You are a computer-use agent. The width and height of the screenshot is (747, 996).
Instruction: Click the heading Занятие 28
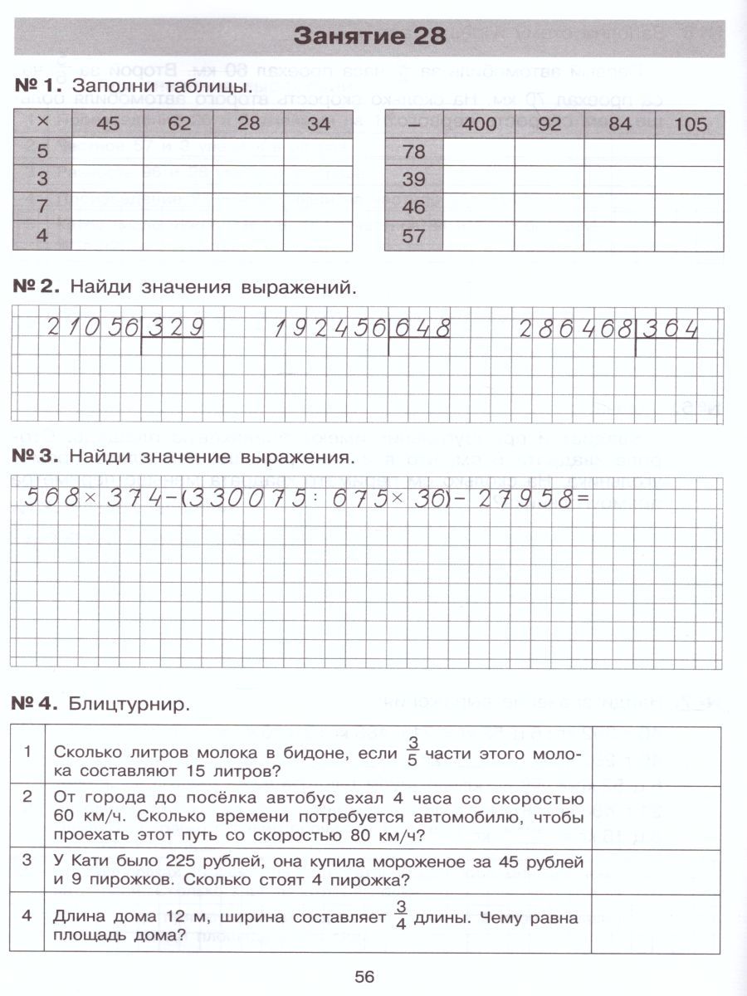pyautogui.click(x=370, y=37)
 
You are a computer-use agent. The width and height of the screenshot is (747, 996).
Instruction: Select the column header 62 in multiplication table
pyautogui.click(x=178, y=124)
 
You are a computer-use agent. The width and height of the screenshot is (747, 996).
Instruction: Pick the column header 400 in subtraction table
pyautogui.click(x=478, y=124)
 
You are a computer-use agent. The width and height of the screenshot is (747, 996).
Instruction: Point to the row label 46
pyautogui.click(x=413, y=207)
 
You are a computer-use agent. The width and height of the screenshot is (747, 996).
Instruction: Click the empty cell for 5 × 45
pyautogui.click(x=107, y=153)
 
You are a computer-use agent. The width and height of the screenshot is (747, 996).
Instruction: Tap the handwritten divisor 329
pyautogui.click(x=174, y=329)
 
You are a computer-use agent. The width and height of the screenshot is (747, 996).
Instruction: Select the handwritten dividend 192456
pyautogui.click(x=330, y=329)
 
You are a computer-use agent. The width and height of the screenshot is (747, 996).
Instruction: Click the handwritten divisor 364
pyautogui.click(x=668, y=329)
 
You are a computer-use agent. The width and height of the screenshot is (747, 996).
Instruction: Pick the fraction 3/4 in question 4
pyautogui.click(x=402, y=916)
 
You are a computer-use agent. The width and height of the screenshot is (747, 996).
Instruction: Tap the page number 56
pyautogui.click(x=364, y=976)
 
